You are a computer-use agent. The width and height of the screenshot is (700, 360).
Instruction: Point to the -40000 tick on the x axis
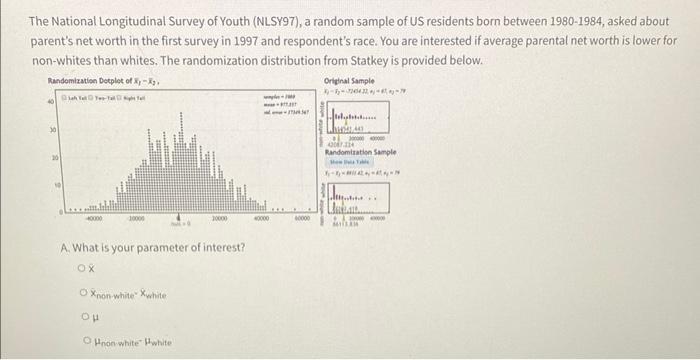pos(94,220)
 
